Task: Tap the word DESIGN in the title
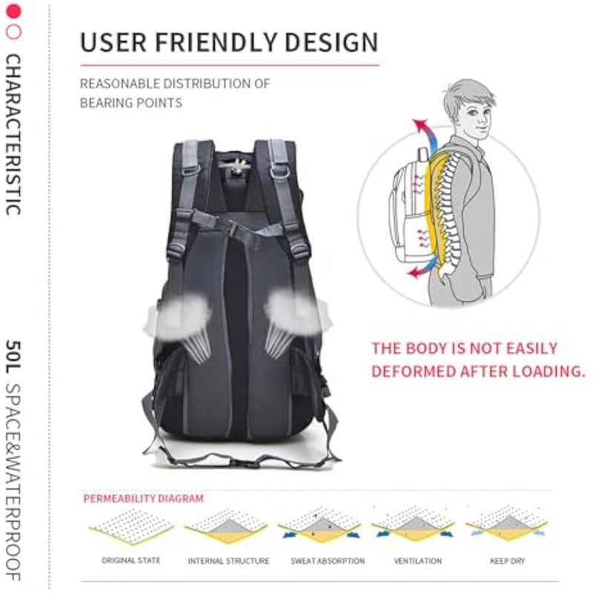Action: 331,42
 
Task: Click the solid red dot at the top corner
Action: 13,11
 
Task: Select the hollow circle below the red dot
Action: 13,32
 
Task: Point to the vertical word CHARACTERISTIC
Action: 13,135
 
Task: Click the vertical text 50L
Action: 13,357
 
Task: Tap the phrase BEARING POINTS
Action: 131,103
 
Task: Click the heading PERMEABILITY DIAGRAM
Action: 143,498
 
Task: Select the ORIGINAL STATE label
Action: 131,560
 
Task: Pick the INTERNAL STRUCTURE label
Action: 228,561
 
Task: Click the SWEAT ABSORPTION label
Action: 328,561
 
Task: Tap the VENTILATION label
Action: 417,561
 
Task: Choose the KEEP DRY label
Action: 508,561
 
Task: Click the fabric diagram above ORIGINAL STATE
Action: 131,526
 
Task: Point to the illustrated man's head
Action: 469,109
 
